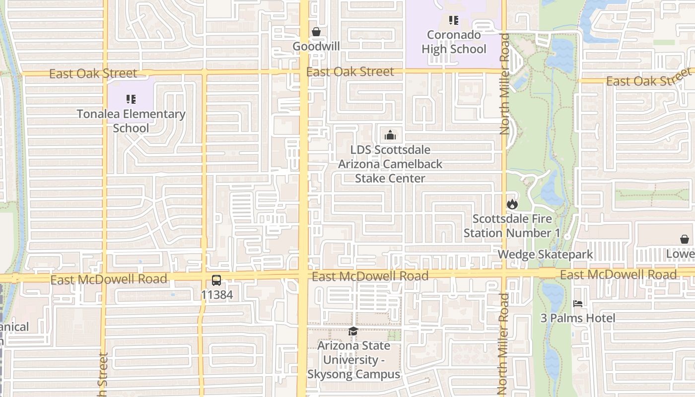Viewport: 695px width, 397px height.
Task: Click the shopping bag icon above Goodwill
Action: pyautogui.click(x=316, y=32)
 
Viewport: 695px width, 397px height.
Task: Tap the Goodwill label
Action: pyautogui.click(x=316, y=46)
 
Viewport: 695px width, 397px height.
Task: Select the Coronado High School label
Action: pyautogui.click(x=454, y=42)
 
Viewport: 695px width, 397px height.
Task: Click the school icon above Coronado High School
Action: pyautogui.click(x=453, y=20)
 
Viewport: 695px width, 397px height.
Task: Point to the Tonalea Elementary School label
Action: pyautogui.click(x=131, y=121)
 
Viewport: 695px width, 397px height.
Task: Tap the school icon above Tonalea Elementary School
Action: pyautogui.click(x=131, y=99)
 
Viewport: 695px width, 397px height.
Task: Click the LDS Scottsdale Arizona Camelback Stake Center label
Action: pyautogui.click(x=390, y=164)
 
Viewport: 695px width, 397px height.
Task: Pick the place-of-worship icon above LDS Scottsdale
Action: pyautogui.click(x=390, y=135)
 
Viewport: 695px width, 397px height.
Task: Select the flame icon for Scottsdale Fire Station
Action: pyautogui.click(x=512, y=204)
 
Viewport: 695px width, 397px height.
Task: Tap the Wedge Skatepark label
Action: pyautogui.click(x=545, y=255)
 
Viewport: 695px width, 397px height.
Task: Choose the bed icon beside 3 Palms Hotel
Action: pyautogui.click(x=577, y=303)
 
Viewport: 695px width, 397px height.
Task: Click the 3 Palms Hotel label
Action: pyautogui.click(x=578, y=318)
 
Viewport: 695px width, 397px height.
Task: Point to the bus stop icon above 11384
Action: pyautogui.click(x=216, y=280)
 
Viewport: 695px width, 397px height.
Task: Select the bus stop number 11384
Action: pyautogui.click(x=216, y=295)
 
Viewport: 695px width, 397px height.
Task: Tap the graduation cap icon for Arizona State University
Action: pyautogui.click(x=353, y=331)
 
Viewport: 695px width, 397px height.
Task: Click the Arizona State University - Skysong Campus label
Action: pyautogui.click(x=353, y=360)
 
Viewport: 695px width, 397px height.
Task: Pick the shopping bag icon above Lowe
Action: pyautogui.click(x=685, y=240)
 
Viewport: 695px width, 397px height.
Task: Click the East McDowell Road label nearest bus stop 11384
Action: pyautogui.click(x=109, y=279)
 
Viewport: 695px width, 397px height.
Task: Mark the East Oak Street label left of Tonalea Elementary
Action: pyautogui.click(x=93, y=73)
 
